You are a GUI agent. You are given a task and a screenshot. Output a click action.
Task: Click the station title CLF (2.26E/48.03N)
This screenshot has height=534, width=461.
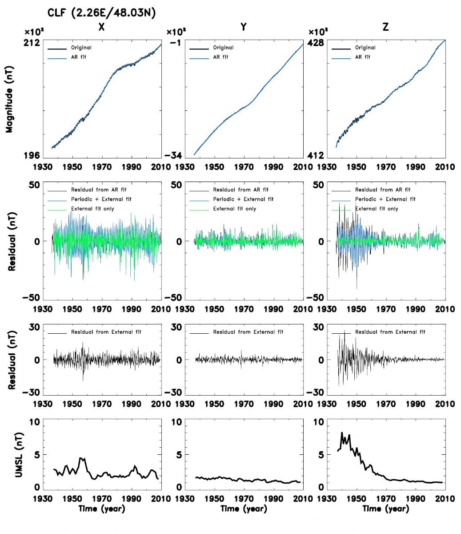tap(101, 14)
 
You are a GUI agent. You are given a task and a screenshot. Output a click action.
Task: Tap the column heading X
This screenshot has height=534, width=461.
tap(101, 27)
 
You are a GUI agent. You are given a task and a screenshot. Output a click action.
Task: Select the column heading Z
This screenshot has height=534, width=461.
tap(385, 27)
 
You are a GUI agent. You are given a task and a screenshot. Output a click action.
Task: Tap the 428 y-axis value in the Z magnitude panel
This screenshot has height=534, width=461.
tap(316, 43)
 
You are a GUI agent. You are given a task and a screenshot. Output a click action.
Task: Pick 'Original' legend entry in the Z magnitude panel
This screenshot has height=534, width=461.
tap(365, 48)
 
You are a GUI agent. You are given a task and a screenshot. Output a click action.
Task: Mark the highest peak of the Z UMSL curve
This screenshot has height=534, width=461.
tap(341, 433)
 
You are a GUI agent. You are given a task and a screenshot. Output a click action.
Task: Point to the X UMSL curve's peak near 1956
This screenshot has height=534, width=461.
tap(80, 458)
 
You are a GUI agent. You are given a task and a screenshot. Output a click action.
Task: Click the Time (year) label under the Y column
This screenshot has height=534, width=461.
tap(244, 508)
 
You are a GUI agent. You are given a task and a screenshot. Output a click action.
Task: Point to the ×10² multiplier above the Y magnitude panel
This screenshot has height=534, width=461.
tap(176, 32)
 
